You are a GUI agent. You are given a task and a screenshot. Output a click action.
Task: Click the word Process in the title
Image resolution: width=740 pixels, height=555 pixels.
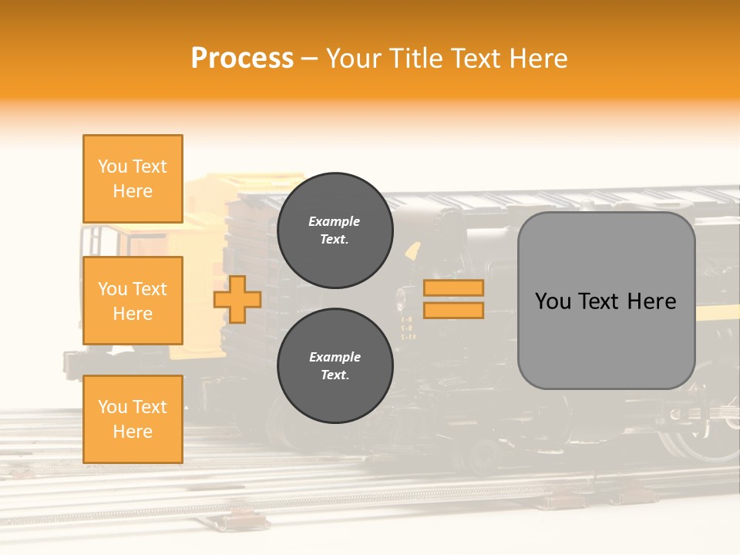coord(242,59)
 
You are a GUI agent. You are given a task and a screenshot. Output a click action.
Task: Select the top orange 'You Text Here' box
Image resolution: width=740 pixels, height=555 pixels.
coord(133,179)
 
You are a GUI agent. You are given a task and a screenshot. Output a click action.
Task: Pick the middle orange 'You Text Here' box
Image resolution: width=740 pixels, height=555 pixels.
coord(133,301)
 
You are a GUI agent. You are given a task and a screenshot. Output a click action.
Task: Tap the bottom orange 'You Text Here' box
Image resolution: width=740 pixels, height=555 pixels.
coord(133,419)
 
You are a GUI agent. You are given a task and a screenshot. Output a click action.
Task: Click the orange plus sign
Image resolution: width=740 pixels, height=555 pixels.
coord(237,299)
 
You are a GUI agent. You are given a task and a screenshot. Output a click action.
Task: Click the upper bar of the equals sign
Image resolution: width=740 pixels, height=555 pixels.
coord(454,288)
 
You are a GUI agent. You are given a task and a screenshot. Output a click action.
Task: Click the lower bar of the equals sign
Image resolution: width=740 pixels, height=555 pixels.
coord(454,311)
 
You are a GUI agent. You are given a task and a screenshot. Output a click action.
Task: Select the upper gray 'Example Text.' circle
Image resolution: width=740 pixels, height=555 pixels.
coord(335,230)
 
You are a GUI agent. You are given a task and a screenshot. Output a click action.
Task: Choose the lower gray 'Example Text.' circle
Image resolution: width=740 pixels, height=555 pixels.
coord(335,365)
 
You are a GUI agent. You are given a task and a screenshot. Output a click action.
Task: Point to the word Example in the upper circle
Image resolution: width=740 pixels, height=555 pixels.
coord(335,221)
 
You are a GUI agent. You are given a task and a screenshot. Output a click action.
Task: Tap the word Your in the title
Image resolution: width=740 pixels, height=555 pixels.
coord(353,59)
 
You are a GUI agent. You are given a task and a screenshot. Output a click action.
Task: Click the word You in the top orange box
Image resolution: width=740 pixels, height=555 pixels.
coord(113,166)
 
